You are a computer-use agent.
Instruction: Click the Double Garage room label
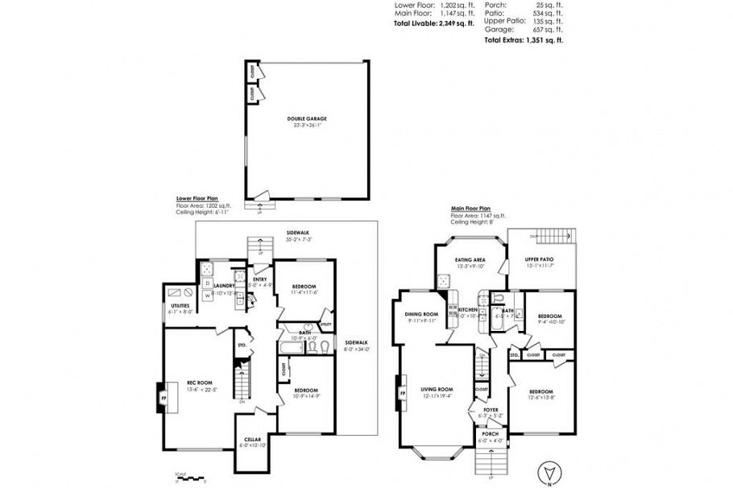(307, 119)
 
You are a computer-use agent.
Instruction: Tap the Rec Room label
(199, 383)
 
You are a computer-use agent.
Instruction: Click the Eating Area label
(469, 260)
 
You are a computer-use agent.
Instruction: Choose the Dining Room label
(422, 314)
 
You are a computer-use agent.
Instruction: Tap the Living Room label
(437, 390)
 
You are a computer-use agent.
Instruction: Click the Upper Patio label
(540, 260)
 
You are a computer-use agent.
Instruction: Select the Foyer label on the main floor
(491, 410)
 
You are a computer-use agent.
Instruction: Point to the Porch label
(490, 435)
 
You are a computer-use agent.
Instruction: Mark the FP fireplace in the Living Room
(401, 394)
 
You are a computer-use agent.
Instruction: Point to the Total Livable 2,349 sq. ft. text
(433, 23)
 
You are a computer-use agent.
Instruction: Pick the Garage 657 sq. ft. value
(551, 29)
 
